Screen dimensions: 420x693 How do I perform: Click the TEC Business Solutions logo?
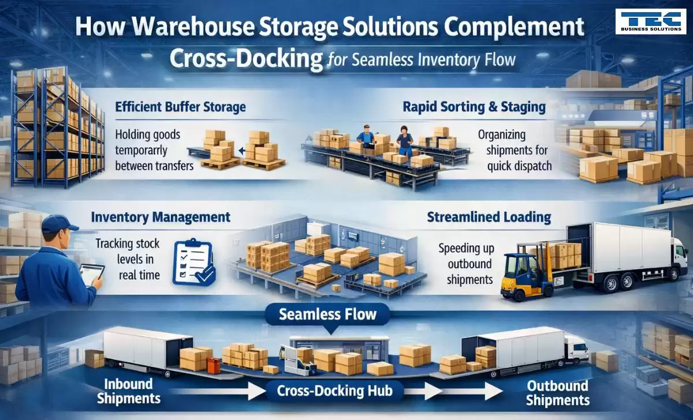pos(650,21)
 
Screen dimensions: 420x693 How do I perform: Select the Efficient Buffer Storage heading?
pos(180,107)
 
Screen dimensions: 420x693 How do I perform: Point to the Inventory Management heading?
pos(161,217)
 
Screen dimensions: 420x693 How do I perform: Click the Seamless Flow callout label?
pos(327,314)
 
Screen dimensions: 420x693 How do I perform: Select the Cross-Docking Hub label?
pos(334,391)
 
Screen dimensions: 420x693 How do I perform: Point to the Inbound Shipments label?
pos(129,391)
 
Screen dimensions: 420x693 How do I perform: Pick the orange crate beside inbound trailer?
pos(214,365)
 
